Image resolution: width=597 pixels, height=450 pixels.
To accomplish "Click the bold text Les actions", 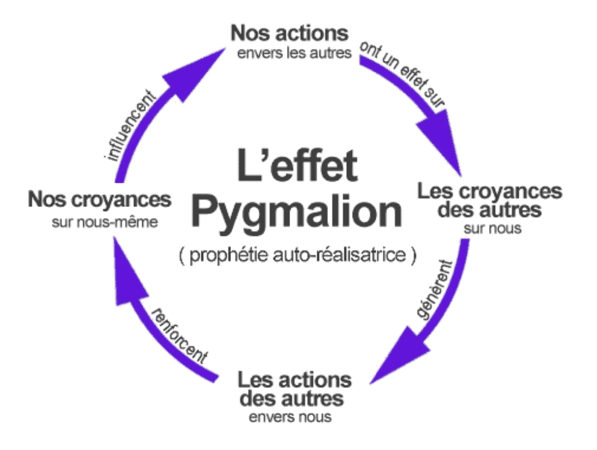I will [x=294, y=380].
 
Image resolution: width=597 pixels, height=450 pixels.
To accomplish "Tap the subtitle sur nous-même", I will [x=106, y=222].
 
